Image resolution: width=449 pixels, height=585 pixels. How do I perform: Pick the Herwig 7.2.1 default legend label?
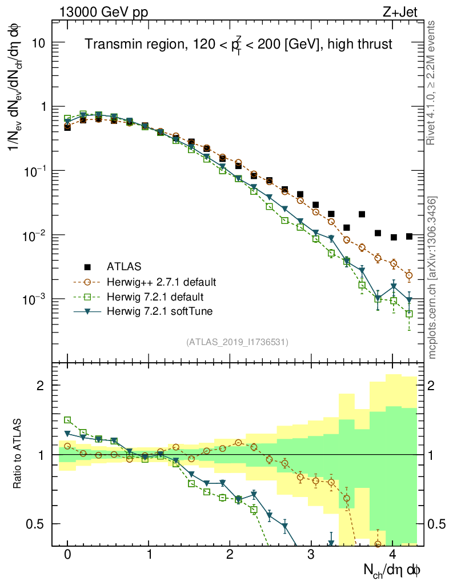[x=155, y=297]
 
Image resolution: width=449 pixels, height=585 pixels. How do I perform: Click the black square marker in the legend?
[x=87, y=266]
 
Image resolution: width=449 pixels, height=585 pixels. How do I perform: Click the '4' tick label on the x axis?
[x=392, y=555]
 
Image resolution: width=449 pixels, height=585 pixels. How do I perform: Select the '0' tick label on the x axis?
[x=67, y=555]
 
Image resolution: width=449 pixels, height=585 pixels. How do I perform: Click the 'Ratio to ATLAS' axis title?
[x=19, y=455]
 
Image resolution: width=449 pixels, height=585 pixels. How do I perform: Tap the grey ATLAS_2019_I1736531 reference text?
[x=236, y=342]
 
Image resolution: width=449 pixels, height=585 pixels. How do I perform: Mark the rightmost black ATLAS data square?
[x=409, y=236]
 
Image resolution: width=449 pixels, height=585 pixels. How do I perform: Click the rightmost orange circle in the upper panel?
[x=409, y=275]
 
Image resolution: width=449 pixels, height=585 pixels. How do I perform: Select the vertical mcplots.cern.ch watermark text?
[x=433, y=277]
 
